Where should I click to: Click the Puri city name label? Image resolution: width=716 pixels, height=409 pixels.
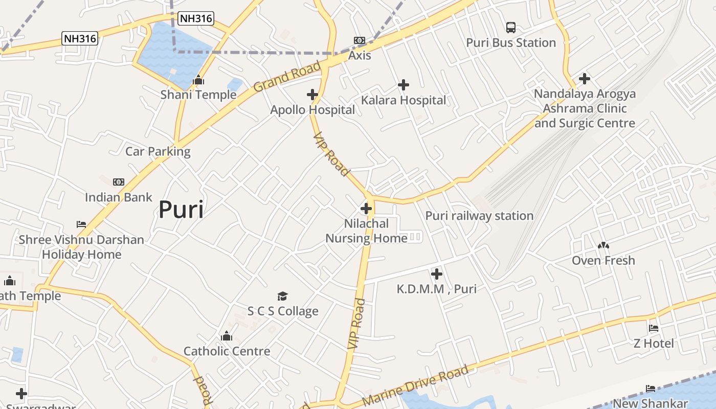click(x=181, y=210)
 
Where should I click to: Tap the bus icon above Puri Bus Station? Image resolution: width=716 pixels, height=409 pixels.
click(x=510, y=28)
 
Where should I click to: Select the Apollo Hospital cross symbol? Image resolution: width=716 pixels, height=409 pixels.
click(x=312, y=95)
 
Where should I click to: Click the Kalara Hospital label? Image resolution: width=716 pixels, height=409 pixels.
click(x=404, y=100)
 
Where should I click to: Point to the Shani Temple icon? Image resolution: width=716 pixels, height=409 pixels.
click(x=198, y=80)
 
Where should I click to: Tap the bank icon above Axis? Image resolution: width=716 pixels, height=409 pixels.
click(x=360, y=40)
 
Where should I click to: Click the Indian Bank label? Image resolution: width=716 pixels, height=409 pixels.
click(x=119, y=197)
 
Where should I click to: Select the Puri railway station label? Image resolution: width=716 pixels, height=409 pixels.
click(x=479, y=216)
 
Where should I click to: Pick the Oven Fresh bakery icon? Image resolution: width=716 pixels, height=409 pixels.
click(x=603, y=246)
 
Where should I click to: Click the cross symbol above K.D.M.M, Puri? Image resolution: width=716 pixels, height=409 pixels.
click(x=436, y=274)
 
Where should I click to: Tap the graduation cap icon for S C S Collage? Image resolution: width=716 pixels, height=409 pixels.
click(x=283, y=297)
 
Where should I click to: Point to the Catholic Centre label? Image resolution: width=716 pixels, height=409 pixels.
click(x=227, y=351)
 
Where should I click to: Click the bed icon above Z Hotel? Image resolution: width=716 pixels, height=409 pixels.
click(x=653, y=328)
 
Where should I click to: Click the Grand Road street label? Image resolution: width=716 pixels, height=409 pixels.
click(x=287, y=76)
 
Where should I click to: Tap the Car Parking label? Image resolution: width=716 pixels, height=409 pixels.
click(x=158, y=151)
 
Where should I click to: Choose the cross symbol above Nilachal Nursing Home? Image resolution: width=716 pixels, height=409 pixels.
click(x=366, y=209)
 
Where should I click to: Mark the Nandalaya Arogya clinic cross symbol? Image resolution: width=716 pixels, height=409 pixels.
click(x=584, y=79)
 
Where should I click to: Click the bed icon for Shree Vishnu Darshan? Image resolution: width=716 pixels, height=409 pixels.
click(x=81, y=224)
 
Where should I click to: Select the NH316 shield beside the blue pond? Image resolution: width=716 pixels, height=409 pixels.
click(x=196, y=19)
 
